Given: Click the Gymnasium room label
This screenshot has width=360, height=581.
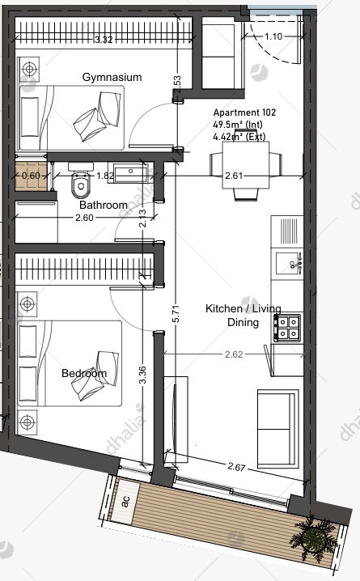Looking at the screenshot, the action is [112, 77].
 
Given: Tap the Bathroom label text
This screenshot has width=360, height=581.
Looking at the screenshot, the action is [104, 205].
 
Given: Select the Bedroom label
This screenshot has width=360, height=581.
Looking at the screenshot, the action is [84, 373].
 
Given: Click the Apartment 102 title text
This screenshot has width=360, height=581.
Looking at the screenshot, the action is [244, 112].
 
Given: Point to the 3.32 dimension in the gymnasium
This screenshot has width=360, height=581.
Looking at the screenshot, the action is [104, 40].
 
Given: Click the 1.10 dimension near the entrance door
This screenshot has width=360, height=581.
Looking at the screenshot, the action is [273, 36].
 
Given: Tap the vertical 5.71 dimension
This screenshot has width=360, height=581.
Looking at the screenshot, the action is [176, 313].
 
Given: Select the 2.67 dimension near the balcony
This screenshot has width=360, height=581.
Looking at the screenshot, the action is [236, 467].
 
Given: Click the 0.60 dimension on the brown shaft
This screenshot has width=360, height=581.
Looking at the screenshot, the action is [31, 176].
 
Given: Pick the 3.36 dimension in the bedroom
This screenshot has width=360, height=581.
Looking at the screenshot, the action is [143, 375].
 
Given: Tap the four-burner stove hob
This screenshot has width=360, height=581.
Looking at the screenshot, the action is [287, 328].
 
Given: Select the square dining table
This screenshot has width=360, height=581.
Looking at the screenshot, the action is [246, 165].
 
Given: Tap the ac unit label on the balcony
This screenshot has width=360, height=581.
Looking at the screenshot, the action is [125, 502].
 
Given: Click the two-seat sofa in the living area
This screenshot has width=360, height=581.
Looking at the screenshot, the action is [277, 428].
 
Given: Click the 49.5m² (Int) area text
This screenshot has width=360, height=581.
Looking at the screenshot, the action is [238, 125].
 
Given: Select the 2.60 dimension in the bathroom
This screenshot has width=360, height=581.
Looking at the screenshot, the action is [84, 218].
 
